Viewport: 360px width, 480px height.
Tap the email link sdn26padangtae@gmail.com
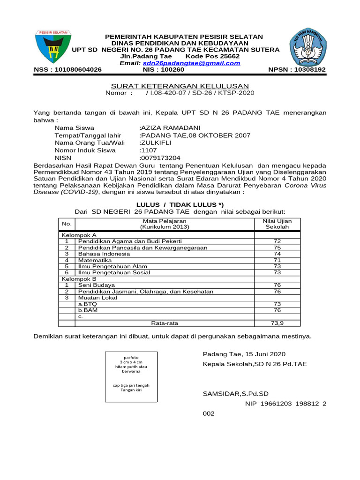click(191, 63)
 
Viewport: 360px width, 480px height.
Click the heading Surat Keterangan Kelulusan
click(180, 86)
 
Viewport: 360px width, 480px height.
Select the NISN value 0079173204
click(160, 158)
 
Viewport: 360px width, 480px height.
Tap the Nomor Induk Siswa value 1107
click(149, 150)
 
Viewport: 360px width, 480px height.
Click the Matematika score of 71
click(277, 260)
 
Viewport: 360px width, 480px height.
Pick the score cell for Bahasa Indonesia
click(277, 254)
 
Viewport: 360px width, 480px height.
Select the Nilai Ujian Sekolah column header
click(277, 224)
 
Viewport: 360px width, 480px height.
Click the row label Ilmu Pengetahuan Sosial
click(114, 272)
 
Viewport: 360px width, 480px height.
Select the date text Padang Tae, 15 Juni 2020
click(244, 354)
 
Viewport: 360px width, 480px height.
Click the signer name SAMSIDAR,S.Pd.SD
click(236, 394)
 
